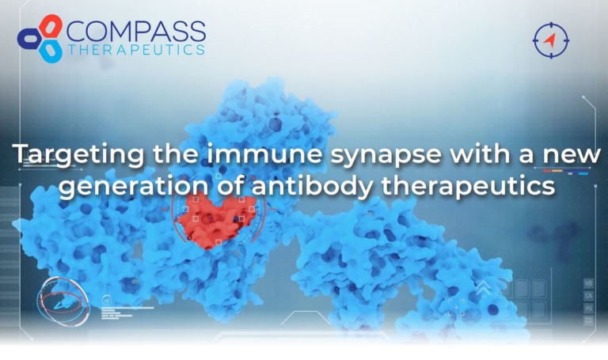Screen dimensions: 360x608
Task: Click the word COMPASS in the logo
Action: pos(135,32)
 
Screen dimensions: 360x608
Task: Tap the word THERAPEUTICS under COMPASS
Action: pos(135,50)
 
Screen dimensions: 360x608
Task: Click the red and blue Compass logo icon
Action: pos(40,38)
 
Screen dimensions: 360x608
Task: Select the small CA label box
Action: pos(588,296)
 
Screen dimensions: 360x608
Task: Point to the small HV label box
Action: pos(588,309)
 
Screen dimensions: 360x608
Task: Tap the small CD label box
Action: pos(588,320)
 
